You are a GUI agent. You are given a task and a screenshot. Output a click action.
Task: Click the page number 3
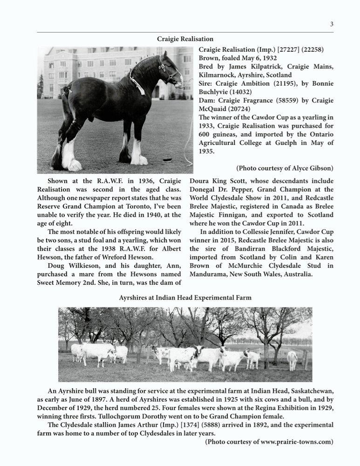[332, 25]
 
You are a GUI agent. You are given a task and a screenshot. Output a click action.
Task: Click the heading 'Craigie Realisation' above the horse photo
[185, 39]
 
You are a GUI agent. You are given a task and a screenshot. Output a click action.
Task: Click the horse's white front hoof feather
[138, 154]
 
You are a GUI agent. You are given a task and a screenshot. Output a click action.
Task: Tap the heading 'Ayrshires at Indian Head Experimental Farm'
[185, 297]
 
